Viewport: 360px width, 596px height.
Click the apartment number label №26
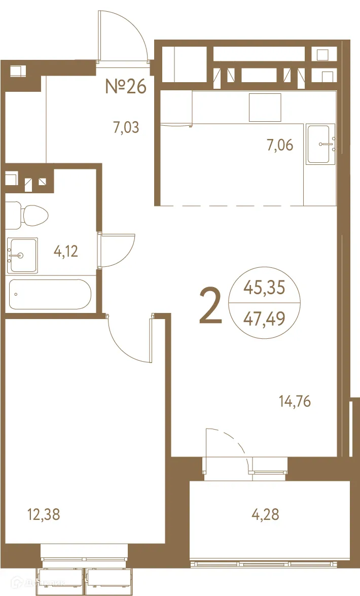(125, 87)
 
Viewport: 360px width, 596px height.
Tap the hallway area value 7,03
(126, 127)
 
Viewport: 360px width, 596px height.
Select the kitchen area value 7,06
(280, 146)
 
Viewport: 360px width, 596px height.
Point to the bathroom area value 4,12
(66, 251)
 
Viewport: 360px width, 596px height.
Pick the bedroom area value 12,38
(43, 515)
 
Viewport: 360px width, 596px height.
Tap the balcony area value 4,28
(265, 515)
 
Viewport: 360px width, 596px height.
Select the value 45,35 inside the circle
(264, 288)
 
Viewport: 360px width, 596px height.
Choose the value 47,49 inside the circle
(264, 319)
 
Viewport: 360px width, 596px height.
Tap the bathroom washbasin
(22, 256)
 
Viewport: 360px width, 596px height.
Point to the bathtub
(49, 295)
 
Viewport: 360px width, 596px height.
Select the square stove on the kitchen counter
(265, 107)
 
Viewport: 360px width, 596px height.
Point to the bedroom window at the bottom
(85, 563)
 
